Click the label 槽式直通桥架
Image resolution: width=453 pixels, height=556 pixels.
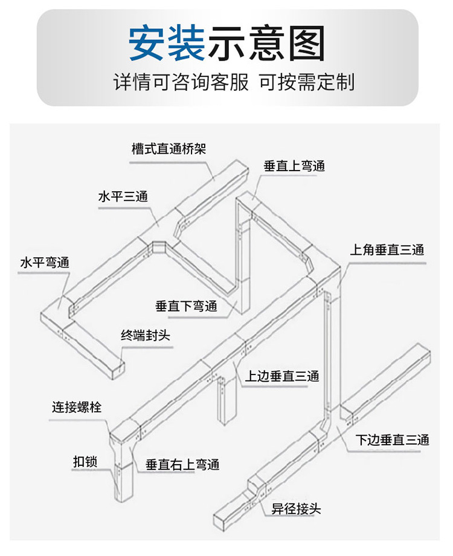point(169,149)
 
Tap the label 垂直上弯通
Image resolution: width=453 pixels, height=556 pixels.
point(294,166)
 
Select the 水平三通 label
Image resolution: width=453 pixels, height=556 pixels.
point(123,196)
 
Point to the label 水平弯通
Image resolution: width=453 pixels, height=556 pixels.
point(45,263)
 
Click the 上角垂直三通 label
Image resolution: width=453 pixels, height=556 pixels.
point(387,250)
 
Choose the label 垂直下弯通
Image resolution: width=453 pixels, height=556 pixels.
point(186,306)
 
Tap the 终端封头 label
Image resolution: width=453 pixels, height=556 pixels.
point(146,335)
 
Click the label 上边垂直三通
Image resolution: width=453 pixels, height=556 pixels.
point(282,376)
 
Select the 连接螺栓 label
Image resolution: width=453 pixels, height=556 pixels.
point(77,407)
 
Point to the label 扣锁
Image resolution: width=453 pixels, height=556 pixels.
point(85,462)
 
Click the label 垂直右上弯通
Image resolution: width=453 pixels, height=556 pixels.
point(182,464)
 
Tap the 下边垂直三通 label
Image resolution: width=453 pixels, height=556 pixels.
point(392,440)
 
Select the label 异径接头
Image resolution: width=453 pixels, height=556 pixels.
point(296,509)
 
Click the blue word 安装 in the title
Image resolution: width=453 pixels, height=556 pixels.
point(167,43)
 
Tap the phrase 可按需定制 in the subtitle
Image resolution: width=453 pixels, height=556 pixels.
point(307,82)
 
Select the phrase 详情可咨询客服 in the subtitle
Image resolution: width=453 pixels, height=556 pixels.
point(181,82)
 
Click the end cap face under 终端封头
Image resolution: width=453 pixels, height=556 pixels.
point(118,371)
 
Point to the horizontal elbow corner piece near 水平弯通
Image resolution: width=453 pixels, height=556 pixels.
point(57,313)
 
